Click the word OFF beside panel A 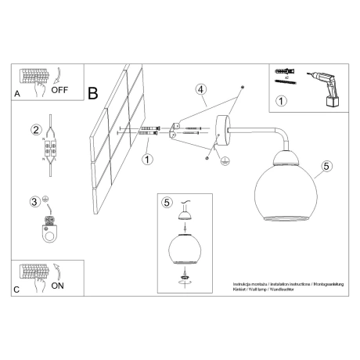click(x=60, y=89)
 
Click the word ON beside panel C click(x=58, y=286)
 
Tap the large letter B click(x=93, y=93)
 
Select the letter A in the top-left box click(x=16, y=93)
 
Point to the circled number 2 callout click(x=35, y=129)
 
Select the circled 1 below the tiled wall click(x=148, y=160)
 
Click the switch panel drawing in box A click(x=35, y=77)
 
